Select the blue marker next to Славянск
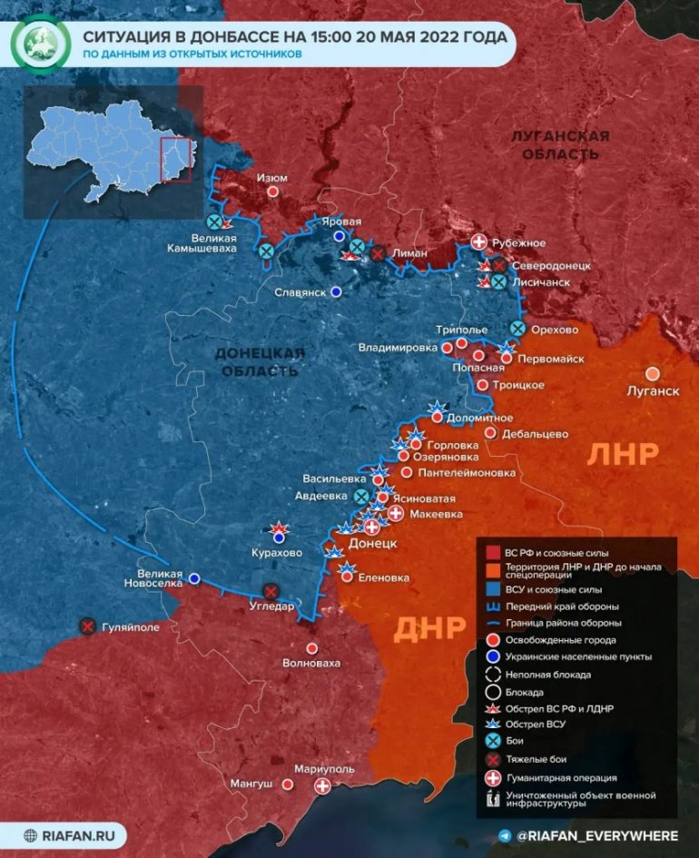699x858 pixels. pos(336,292)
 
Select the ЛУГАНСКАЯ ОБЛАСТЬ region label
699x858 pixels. pos(559,145)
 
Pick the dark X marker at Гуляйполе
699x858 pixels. pos(87,626)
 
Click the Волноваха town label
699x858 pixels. pos(311,663)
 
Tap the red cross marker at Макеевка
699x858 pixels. pos(396,514)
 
